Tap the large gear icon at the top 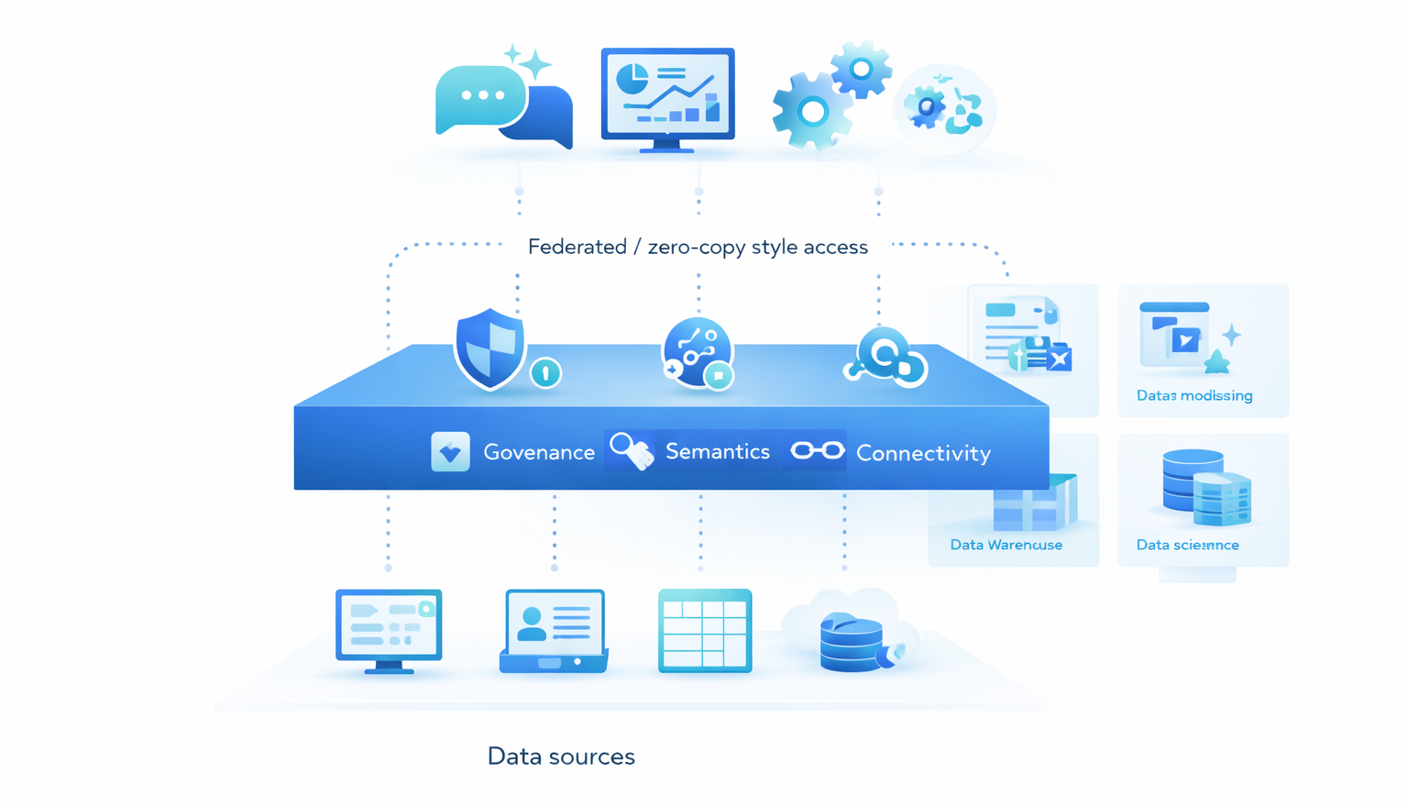811,112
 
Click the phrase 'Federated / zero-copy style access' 698,247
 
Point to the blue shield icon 490,348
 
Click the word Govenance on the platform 539,452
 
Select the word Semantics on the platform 717,451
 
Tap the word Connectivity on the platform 923,453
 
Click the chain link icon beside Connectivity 818,450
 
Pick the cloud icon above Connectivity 886,359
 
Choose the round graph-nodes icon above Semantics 697,352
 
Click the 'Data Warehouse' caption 1006,545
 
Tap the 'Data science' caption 1187,545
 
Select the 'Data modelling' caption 1194,395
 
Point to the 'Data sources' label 561,757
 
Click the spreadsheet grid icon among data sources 705,631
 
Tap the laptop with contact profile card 554,631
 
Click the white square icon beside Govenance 450,452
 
